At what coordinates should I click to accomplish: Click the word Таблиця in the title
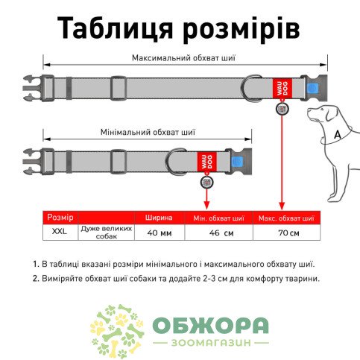click(115, 28)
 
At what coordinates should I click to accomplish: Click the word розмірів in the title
click(241, 29)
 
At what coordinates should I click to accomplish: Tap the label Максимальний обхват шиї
click(183, 58)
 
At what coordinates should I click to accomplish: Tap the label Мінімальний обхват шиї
click(148, 132)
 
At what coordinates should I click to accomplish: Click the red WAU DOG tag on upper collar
click(282, 88)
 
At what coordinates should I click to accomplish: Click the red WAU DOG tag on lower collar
click(206, 162)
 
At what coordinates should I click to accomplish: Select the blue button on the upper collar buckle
click(310, 89)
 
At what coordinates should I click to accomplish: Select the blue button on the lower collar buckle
click(235, 162)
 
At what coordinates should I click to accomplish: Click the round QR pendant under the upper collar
click(282, 109)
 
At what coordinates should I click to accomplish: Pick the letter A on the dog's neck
click(337, 135)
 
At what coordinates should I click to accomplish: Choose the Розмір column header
click(60, 218)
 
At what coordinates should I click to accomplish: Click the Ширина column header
click(159, 218)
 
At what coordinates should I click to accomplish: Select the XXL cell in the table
click(60, 232)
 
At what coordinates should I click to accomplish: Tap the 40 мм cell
click(160, 233)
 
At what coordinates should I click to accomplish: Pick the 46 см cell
click(221, 233)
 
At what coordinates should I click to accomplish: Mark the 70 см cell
click(288, 233)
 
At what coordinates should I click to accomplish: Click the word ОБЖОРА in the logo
click(210, 326)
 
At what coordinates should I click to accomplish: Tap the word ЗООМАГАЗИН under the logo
click(211, 343)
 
